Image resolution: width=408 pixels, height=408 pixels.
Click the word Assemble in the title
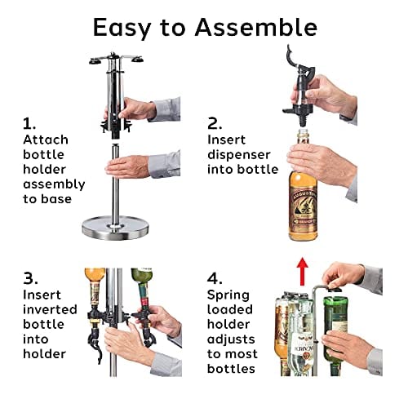click(256, 28)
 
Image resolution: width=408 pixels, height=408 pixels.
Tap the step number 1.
click(29, 124)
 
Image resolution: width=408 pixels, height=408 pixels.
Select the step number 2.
click(215, 124)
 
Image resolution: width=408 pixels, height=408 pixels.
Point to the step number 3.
click(30, 279)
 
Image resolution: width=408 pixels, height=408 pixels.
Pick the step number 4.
click(215, 279)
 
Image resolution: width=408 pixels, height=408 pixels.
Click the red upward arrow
click(302, 271)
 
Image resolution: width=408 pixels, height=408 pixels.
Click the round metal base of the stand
click(116, 227)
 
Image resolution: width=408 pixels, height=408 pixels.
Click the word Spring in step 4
click(228, 295)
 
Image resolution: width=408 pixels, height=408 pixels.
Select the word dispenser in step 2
click(239, 155)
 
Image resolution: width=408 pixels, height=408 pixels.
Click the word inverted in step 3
click(50, 309)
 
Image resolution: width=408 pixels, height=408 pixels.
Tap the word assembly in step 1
click(54, 185)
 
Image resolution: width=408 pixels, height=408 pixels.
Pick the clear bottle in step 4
click(300, 340)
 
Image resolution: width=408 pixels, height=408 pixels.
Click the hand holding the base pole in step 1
click(128, 166)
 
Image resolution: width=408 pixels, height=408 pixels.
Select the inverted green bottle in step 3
click(142, 288)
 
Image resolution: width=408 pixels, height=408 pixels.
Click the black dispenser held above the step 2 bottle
click(300, 87)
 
